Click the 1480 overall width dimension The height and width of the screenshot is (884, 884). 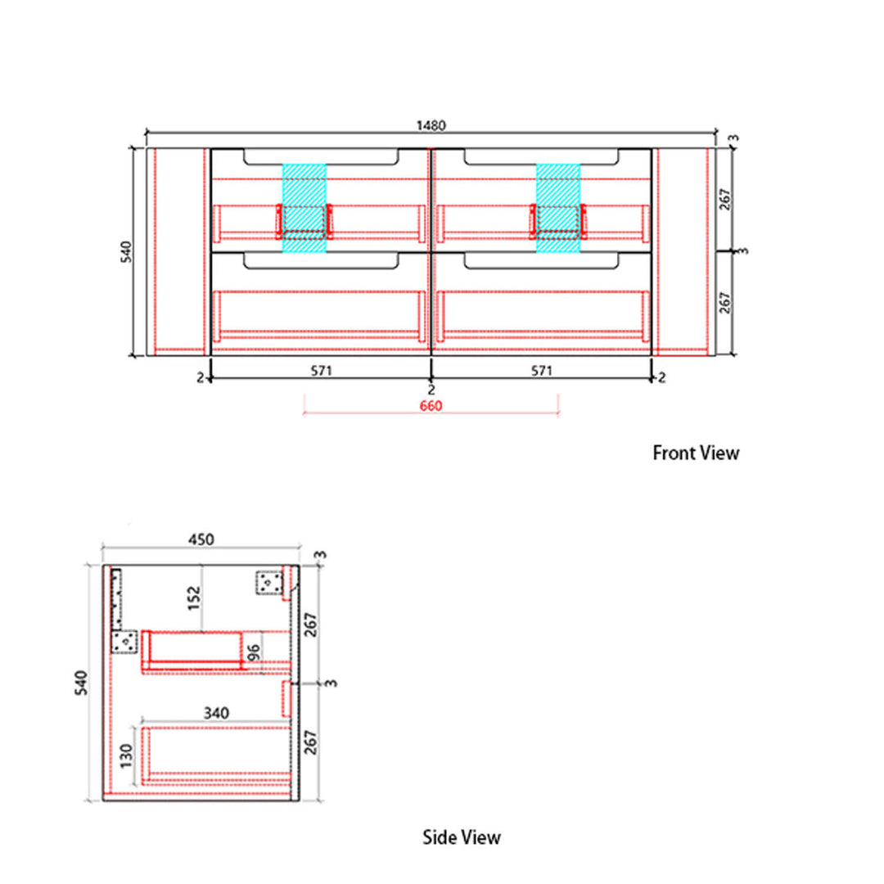(x=431, y=125)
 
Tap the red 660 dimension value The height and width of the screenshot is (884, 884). (x=431, y=405)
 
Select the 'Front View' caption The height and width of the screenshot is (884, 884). (x=696, y=453)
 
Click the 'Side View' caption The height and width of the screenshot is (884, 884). (x=462, y=837)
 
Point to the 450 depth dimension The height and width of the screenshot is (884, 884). (x=201, y=539)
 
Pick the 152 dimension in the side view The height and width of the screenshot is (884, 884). (x=194, y=598)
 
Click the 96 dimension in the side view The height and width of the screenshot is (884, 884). (x=254, y=653)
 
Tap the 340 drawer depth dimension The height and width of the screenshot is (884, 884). (x=216, y=713)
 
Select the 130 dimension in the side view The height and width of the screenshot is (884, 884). (x=127, y=756)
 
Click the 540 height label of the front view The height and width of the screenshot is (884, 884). (x=126, y=251)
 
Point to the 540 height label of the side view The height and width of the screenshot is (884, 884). (x=82, y=683)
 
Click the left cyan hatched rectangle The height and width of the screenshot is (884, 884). (x=304, y=208)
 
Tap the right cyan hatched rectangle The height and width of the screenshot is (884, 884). (x=558, y=208)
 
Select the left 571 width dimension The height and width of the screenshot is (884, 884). (x=322, y=371)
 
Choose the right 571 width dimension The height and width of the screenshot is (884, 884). (x=541, y=371)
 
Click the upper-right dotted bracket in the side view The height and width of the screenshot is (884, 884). (x=269, y=583)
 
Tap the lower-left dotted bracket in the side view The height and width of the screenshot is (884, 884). (x=124, y=642)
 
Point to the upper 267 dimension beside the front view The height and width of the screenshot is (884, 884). (x=725, y=200)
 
